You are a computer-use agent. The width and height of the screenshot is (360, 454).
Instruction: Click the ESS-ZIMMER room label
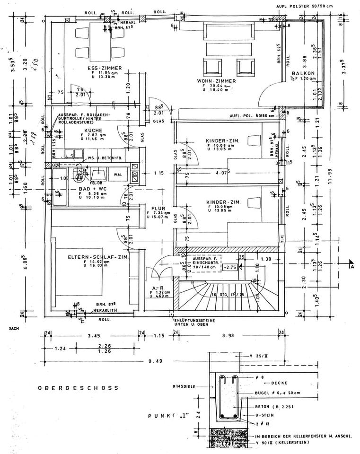(105, 69)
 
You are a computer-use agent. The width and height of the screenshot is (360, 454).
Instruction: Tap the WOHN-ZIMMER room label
(216, 81)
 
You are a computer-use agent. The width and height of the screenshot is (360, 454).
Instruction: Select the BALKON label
(301, 74)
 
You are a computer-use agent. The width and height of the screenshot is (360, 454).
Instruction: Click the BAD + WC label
(95, 187)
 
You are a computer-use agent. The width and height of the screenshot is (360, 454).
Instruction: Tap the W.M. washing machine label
(117, 175)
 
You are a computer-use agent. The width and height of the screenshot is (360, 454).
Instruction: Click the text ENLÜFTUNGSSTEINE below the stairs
(195, 320)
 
